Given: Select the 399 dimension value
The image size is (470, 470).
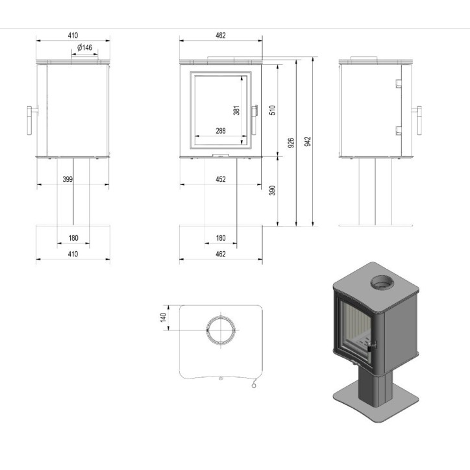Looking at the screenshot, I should [x=68, y=179].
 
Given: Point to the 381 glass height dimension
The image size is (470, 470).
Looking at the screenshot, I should [x=237, y=110].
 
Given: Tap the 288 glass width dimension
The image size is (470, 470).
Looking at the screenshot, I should [x=221, y=131].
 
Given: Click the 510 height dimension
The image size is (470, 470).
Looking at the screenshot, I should [x=273, y=110].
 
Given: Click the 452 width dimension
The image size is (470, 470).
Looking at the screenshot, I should [x=221, y=179].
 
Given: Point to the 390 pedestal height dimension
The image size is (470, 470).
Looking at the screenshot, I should [x=273, y=190].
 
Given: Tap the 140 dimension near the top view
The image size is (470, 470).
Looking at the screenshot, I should [x=164, y=317].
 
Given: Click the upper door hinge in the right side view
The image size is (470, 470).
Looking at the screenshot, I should [x=397, y=83].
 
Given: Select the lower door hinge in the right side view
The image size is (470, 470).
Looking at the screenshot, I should [x=397, y=131].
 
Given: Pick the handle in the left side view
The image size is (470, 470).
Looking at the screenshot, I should [x=30, y=119].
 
